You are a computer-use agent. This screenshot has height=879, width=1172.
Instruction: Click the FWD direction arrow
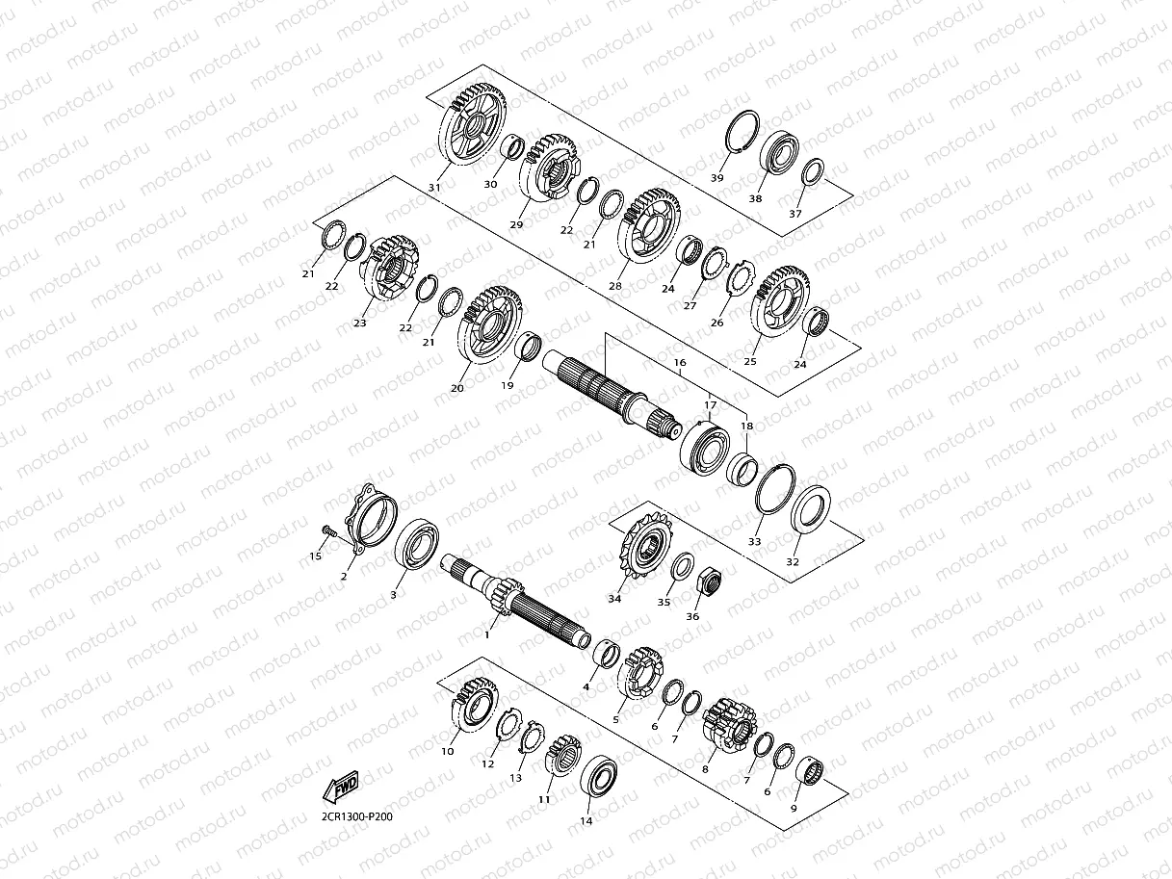(x=341, y=787)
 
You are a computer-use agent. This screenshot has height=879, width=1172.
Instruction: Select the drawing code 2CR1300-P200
(x=356, y=816)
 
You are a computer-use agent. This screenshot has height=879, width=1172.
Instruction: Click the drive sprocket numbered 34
(x=645, y=545)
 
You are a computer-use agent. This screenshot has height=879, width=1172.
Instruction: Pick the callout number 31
(x=434, y=188)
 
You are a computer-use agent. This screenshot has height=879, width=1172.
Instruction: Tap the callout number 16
(x=680, y=362)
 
